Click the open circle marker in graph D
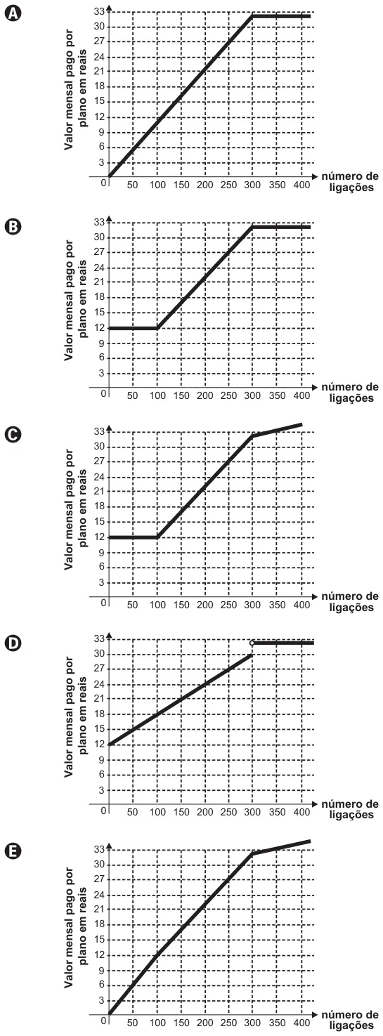click(x=252, y=643)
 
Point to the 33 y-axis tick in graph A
click(x=100, y=11)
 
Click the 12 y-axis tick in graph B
click(x=100, y=328)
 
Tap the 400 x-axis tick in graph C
click(x=302, y=605)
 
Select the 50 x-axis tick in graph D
click(x=132, y=812)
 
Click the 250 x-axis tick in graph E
click(x=228, y=1023)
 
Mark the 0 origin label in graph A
click(x=103, y=183)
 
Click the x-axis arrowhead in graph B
click(x=315, y=386)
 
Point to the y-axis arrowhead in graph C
click(x=109, y=428)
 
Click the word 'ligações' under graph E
click(x=351, y=1025)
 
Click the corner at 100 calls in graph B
click(x=157, y=329)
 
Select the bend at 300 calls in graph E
click(x=252, y=854)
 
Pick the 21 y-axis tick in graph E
click(x=100, y=909)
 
